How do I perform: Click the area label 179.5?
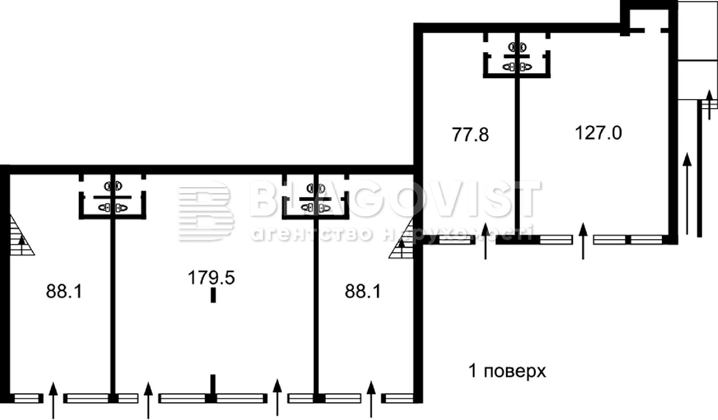pos(211,278)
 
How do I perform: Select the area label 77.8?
pos(470,135)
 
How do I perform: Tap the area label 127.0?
pos(598,133)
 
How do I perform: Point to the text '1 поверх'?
pos(507,372)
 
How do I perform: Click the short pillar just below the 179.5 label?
pos(213,295)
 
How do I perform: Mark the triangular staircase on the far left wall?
pos(21,235)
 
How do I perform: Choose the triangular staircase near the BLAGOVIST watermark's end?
pos(401,240)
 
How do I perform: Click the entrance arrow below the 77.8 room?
pos(485,241)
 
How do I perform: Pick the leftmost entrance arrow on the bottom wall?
pos(53,400)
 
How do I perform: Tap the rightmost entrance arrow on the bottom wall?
pos(371,399)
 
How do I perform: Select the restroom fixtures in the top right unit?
pos(517,57)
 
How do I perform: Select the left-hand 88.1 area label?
pos(64,291)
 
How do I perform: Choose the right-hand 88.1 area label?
pos(363,291)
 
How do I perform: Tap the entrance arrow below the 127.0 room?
pos(583,241)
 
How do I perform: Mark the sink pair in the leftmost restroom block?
pos(113,186)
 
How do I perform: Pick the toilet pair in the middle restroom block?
pos(316,208)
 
